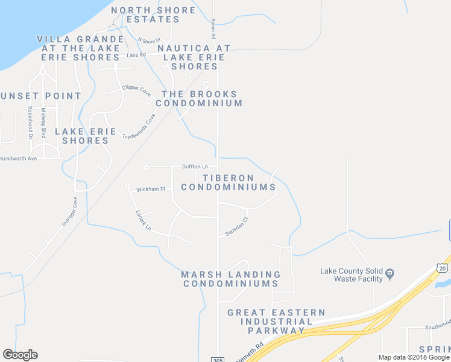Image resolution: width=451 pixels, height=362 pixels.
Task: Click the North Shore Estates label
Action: [154, 14]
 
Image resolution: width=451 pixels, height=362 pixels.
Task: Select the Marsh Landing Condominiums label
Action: [230, 279]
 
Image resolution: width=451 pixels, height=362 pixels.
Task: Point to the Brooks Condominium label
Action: [199, 99]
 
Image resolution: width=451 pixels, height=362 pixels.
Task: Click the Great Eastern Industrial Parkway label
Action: [276, 322]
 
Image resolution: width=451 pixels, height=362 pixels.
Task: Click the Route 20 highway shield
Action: [443, 267]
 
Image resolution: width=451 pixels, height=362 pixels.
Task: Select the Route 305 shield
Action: [218, 359]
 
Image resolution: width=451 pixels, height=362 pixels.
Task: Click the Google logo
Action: [20, 355]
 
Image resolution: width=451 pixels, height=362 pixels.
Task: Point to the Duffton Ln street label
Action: [195, 167]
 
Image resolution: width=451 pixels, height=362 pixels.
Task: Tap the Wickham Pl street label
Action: [150, 189]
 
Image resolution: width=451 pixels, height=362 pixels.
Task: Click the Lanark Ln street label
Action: [143, 221]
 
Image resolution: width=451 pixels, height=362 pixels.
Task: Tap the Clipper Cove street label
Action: [136, 91]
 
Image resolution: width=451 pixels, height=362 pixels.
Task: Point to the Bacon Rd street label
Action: [213, 25]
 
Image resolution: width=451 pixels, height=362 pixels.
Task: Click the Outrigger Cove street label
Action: [70, 212]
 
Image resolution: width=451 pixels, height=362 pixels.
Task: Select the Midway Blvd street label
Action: [43, 122]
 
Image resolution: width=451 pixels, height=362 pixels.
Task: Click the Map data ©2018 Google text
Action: [414, 357]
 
